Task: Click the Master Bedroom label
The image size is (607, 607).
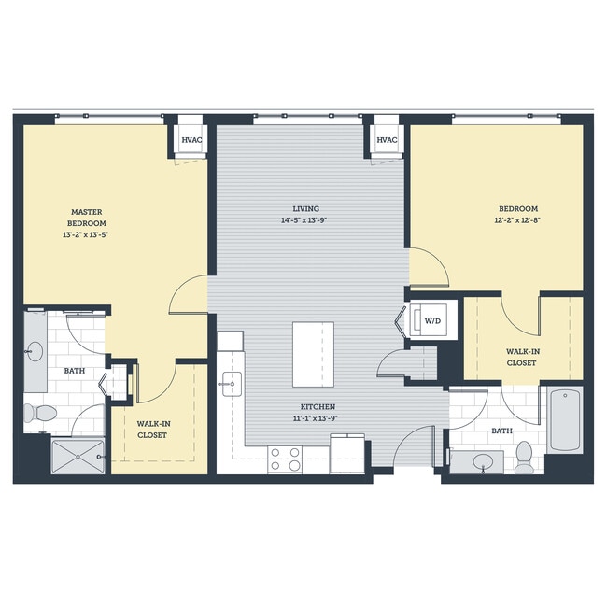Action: click(x=86, y=218)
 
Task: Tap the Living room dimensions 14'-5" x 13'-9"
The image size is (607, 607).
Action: click(x=305, y=220)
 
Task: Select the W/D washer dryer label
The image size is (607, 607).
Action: click(x=432, y=320)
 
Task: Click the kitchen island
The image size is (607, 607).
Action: click(x=313, y=354)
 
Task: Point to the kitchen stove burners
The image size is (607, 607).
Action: click(x=285, y=459)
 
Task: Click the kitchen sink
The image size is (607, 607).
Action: click(x=231, y=381)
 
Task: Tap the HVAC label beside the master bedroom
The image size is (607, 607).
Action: click(x=191, y=140)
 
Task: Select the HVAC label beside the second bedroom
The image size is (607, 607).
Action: click(x=387, y=140)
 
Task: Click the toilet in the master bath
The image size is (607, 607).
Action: click(x=41, y=412)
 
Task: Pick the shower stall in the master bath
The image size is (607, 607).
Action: click(x=78, y=456)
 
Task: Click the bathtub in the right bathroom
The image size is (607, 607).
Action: click(x=565, y=418)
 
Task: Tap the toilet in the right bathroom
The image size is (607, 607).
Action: click(x=525, y=457)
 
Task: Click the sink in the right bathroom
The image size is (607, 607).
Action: click(x=484, y=460)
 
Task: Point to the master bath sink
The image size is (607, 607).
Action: click(x=35, y=352)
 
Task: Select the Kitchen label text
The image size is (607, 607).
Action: click(x=318, y=407)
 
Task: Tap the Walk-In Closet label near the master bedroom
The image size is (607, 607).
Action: click(x=153, y=429)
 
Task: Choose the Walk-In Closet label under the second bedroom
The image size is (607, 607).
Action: click(x=521, y=357)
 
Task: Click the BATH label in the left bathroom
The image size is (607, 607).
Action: click(x=75, y=371)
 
